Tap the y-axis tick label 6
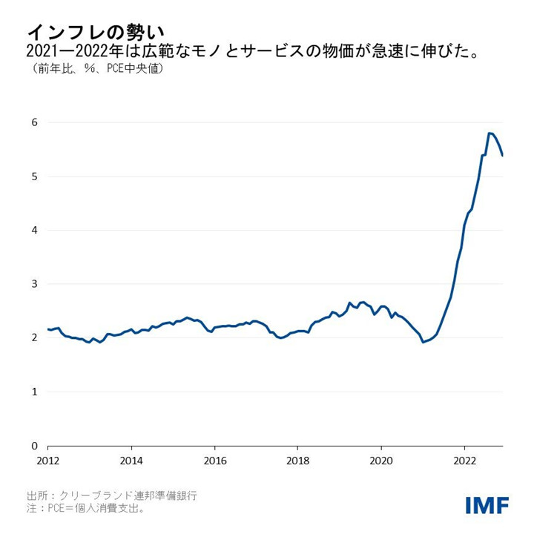point(34,122)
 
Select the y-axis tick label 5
point(34,177)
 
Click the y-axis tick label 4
point(34,230)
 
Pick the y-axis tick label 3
point(34,284)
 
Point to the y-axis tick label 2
point(34,338)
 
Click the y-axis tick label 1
point(34,392)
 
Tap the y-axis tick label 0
point(34,446)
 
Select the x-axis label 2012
point(48,460)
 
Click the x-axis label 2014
point(131,460)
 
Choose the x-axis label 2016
point(214,460)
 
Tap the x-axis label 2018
point(297,460)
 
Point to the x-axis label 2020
point(381,460)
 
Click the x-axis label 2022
point(464,460)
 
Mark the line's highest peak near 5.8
point(489,133)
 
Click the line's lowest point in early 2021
point(423,342)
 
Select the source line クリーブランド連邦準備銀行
point(112,495)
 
